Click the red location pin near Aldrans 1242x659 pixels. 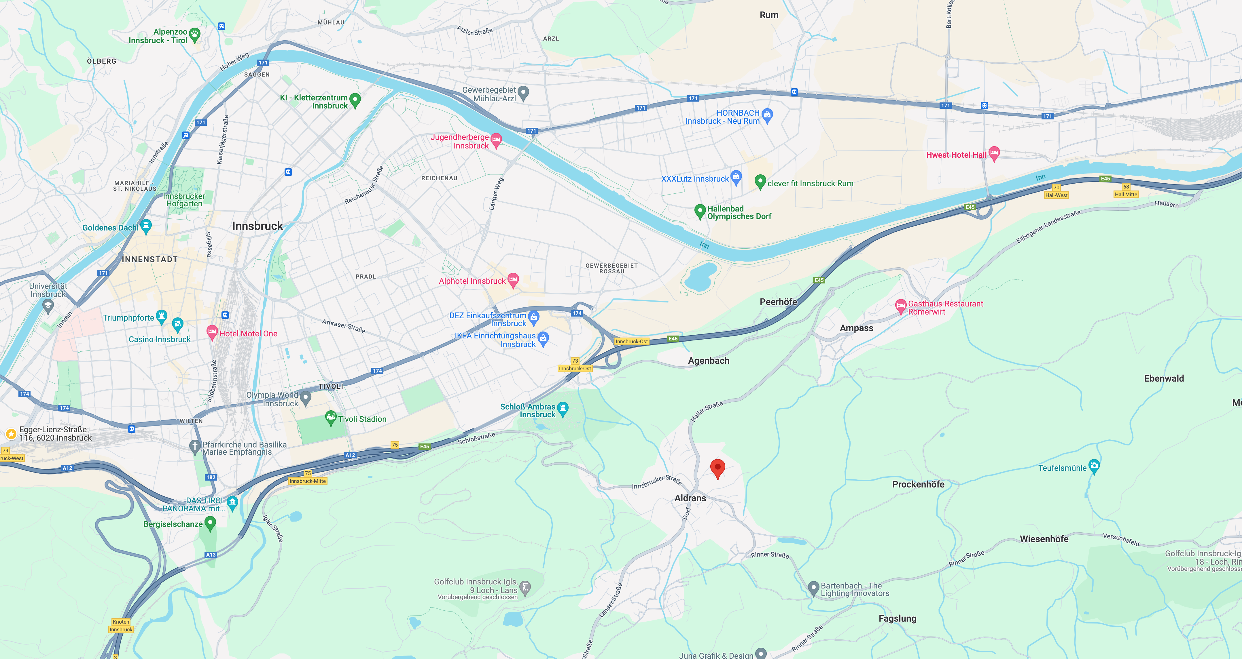[717, 468]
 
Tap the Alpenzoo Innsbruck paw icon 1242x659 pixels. [195, 34]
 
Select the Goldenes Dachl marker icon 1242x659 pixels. [146, 225]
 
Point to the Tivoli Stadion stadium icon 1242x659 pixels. [331, 418]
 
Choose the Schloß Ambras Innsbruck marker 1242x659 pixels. [563, 409]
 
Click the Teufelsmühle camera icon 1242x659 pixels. [1094, 466]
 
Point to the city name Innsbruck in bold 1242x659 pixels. [258, 226]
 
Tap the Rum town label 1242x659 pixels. [769, 15]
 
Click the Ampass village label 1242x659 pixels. [856, 328]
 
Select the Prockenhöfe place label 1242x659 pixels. [918, 484]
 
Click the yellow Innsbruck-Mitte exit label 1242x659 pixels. [308, 481]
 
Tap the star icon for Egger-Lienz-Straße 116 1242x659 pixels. [11, 434]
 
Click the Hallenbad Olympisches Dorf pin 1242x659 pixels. [700, 211]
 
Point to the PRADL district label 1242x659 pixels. [366, 277]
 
